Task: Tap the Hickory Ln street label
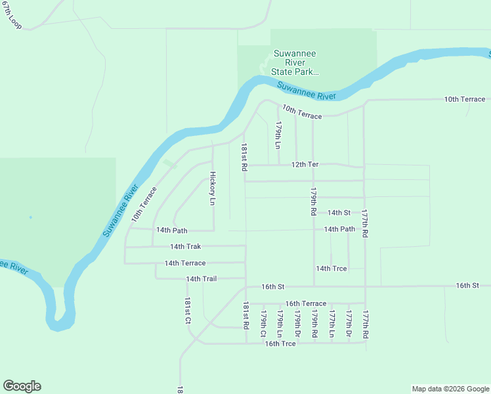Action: point(212,188)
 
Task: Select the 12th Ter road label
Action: point(305,164)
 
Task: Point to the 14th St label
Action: point(339,213)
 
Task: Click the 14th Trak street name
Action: point(185,247)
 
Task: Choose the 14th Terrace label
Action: point(185,263)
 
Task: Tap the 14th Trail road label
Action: point(201,279)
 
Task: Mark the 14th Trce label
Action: point(331,269)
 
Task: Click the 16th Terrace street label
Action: point(305,304)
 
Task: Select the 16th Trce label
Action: point(280,343)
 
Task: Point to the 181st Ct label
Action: point(187,312)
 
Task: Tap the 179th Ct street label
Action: point(263,324)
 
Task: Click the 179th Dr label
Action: point(297,324)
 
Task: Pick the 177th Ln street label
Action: point(332,324)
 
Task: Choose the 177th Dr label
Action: point(349,324)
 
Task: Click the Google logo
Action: point(22,386)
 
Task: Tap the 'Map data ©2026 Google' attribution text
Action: point(450,389)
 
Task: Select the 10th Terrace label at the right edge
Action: point(465,99)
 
